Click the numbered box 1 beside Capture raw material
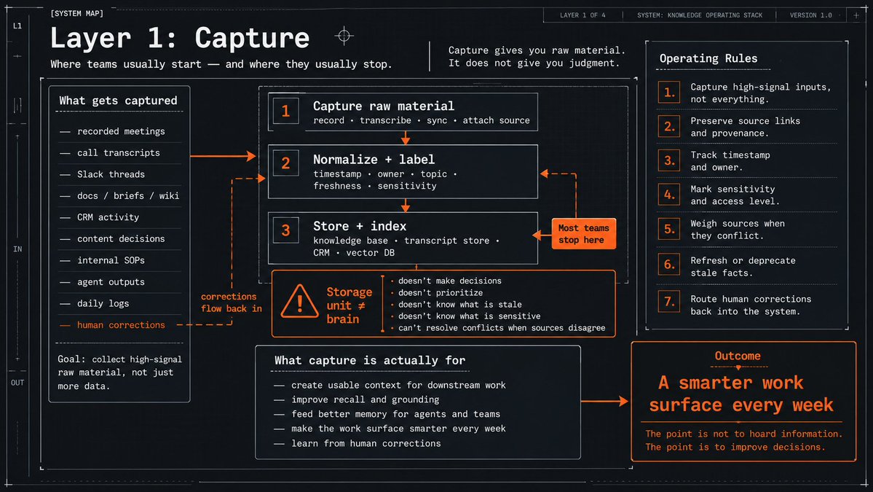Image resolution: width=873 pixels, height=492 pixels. pyautogui.click(x=285, y=110)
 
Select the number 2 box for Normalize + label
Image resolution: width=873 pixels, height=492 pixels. pyautogui.click(x=285, y=163)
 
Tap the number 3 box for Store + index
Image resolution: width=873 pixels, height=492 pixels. pyautogui.click(x=285, y=230)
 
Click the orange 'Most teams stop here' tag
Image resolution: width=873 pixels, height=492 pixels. pyautogui.click(x=583, y=233)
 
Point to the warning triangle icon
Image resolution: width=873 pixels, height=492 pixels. pyautogui.click(x=299, y=302)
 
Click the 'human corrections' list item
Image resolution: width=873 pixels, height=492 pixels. pyautogui.click(x=121, y=325)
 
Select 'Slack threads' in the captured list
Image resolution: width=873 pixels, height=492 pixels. pyautogui.click(x=111, y=174)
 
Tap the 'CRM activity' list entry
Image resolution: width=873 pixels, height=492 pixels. pyautogui.click(x=108, y=217)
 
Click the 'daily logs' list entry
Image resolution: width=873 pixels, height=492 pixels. pyautogui.click(x=103, y=304)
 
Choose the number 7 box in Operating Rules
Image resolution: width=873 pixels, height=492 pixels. pyautogui.click(x=668, y=302)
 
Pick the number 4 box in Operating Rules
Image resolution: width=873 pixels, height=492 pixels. pyautogui.click(x=668, y=195)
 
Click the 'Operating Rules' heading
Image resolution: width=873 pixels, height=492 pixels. pyautogui.click(x=708, y=58)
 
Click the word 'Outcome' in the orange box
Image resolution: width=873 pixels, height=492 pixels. pyautogui.click(x=738, y=356)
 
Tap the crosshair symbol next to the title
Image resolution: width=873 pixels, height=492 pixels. pyautogui.click(x=344, y=36)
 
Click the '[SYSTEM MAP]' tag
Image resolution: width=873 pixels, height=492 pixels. pyautogui.click(x=77, y=13)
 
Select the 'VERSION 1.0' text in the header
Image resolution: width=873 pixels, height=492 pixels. pyautogui.click(x=810, y=15)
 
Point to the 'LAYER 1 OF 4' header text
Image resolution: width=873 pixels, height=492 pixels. pyautogui.click(x=582, y=15)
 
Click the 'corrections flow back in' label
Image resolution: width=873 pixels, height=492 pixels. pyautogui.click(x=231, y=302)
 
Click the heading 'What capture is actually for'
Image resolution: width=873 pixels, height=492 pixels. pyautogui.click(x=370, y=361)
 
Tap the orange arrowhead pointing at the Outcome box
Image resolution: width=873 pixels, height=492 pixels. pyautogui.click(x=623, y=401)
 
